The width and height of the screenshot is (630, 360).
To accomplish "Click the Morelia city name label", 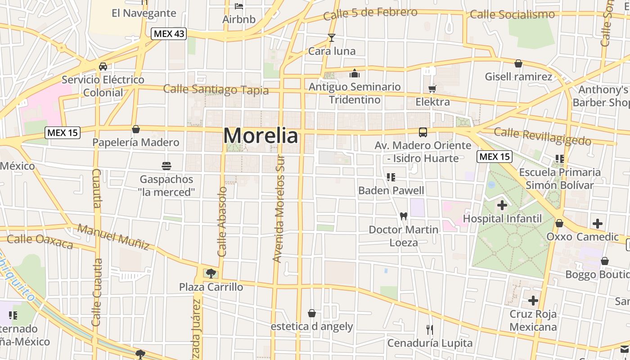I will (261, 135).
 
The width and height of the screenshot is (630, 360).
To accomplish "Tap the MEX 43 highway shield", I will (169, 34).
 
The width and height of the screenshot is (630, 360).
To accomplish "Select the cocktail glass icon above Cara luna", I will (332, 38).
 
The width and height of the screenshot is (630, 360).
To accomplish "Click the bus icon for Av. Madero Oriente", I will (423, 132).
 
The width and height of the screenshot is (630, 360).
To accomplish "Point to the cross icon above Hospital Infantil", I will (502, 206).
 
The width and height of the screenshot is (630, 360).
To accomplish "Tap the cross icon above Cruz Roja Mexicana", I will (533, 301).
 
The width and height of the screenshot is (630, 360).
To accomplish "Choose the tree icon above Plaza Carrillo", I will (211, 273).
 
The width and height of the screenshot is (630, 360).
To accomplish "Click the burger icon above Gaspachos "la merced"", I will (166, 166).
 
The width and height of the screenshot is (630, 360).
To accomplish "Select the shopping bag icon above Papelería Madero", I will (136, 130).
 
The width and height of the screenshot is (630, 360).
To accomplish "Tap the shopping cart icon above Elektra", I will (432, 89).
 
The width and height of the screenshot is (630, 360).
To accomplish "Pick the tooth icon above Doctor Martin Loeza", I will (404, 216).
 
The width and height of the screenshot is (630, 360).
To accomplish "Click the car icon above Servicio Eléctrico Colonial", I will (103, 67).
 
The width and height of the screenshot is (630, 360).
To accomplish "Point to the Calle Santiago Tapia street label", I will (216, 90).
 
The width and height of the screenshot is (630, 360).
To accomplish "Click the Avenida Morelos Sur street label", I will (279, 209).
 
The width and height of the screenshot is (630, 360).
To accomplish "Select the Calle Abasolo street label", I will (222, 222).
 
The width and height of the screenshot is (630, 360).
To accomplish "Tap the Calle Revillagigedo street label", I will (542, 136).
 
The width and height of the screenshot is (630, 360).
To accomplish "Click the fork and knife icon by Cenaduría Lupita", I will (430, 330).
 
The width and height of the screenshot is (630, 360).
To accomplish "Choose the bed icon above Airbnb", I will (239, 6).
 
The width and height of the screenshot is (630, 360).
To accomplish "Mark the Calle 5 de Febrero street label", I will (370, 13).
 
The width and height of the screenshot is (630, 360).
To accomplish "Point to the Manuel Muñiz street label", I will (113, 237).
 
